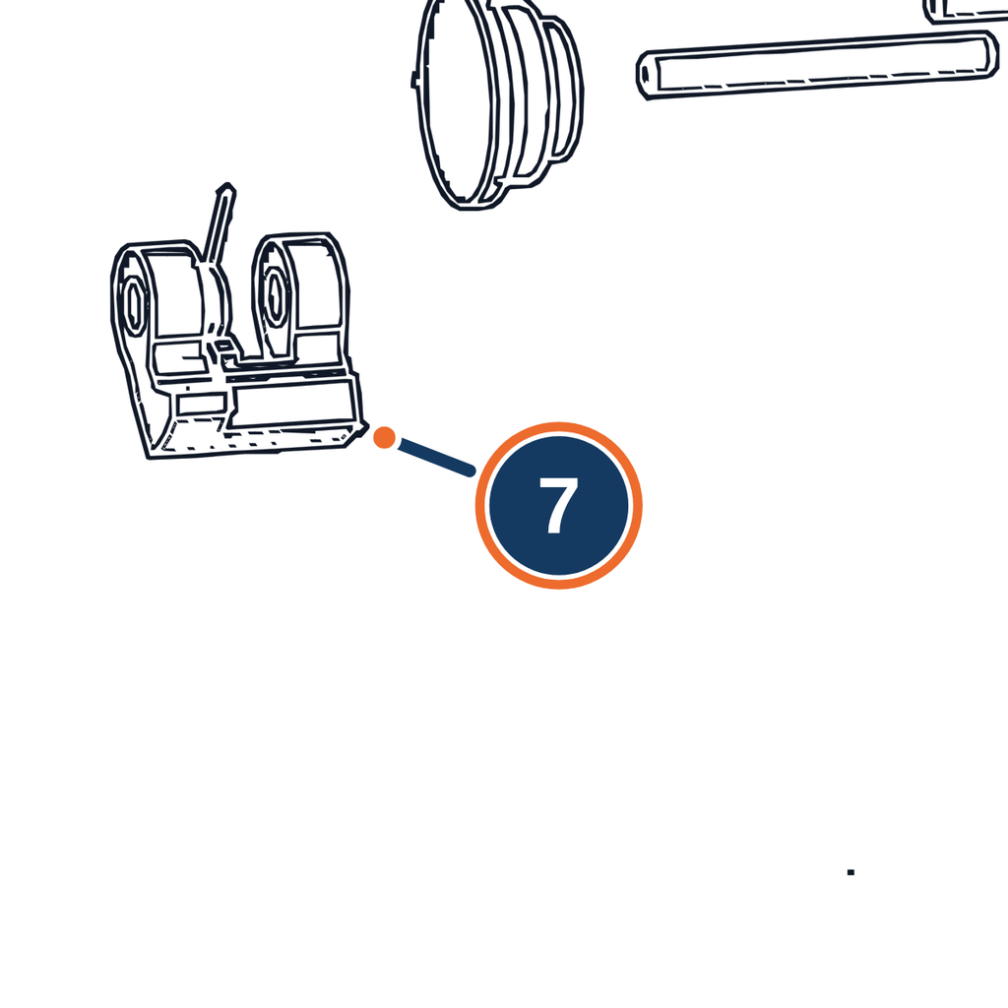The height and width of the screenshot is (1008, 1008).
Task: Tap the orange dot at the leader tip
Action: pyautogui.click(x=385, y=437)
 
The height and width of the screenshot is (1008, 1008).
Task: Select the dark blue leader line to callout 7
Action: pyautogui.click(x=437, y=457)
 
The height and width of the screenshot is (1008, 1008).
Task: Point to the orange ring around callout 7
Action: pyautogui.click(x=559, y=424)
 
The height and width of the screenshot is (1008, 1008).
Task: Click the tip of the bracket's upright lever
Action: pyautogui.click(x=226, y=187)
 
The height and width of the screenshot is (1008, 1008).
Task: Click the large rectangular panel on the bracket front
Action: pyautogui.click(x=293, y=402)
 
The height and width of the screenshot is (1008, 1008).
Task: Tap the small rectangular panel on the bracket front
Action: pyautogui.click(x=201, y=404)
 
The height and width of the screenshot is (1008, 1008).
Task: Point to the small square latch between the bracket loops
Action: pyautogui.click(x=223, y=346)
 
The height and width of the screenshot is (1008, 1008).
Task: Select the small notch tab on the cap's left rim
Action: pyautogui.click(x=414, y=79)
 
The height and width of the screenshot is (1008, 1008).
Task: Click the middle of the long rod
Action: pyautogui.click(x=818, y=65)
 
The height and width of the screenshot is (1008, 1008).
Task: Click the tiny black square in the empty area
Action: pyautogui.click(x=850, y=872)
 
